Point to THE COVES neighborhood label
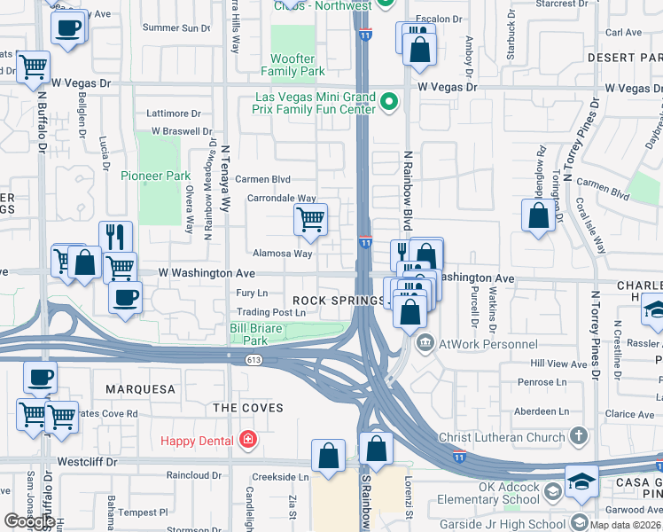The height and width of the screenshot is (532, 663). tap(247, 408)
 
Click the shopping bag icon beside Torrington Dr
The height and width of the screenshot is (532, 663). tap(539, 216)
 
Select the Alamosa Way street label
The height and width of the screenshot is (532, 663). tap(282, 254)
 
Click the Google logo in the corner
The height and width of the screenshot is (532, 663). tap(28, 521)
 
